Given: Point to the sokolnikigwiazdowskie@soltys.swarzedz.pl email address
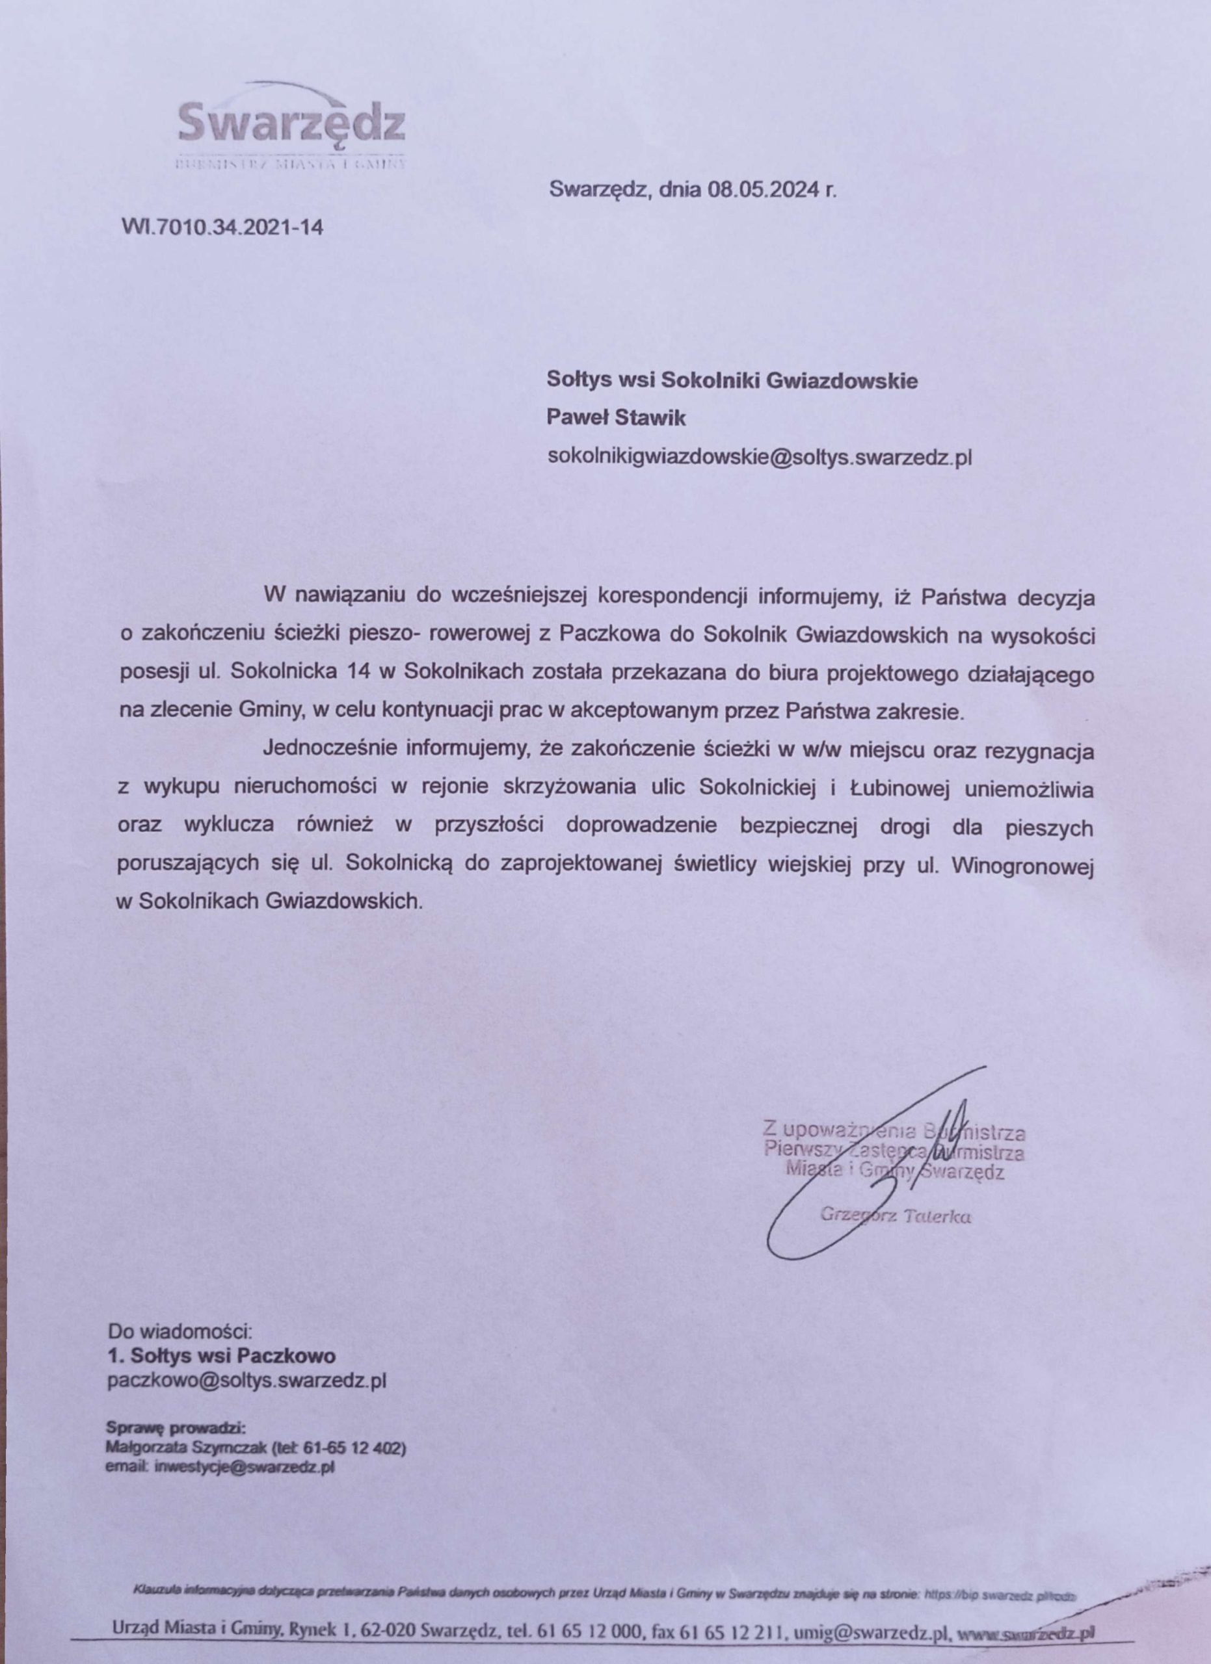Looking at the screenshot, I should tap(760, 457).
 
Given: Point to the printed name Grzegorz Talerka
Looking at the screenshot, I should tap(896, 1215).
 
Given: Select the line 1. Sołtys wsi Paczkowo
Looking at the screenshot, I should tap(222, 1355).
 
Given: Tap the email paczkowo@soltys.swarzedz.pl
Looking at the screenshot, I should tap(246, 1380).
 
